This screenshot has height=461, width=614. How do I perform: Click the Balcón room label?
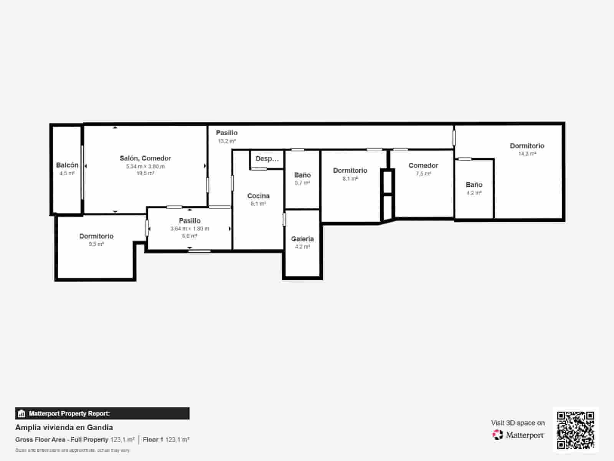(x=67, y=165)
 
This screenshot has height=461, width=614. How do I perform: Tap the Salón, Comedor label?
(x=145, y=158)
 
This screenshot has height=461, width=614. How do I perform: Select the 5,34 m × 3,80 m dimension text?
(x=145, y=166)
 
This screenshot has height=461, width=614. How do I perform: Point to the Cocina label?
(x=258, y=196)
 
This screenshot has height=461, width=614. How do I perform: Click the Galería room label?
(x=302, y=239)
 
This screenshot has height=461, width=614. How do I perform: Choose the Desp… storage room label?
(x=267, y=159)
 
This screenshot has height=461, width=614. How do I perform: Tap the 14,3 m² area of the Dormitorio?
(x=527, y=154)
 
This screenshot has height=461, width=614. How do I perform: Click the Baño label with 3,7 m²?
(x=302, y=175)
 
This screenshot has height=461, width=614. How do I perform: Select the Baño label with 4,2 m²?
(x=474, y=185)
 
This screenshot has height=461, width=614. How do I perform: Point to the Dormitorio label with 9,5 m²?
(x=96, y=236)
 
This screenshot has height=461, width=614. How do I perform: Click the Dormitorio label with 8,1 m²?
(x=350, y=171)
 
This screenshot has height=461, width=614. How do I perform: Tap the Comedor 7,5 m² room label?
(x=423, y=166)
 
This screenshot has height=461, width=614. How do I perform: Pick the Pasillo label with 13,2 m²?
(x=226, y=133)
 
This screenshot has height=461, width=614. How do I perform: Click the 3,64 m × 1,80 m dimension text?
(x=190, y=229)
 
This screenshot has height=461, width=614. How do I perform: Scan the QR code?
(x=575, y=430)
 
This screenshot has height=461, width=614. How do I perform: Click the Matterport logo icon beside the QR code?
(x=498, y=435)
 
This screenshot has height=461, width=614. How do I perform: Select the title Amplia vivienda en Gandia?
(x=64, y=428)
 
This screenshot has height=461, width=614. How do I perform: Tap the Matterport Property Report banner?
(x=102, y=413)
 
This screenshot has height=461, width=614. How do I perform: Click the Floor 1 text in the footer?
(x=153, y=439)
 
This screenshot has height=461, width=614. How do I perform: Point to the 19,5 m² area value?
(x=145, y=173)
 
